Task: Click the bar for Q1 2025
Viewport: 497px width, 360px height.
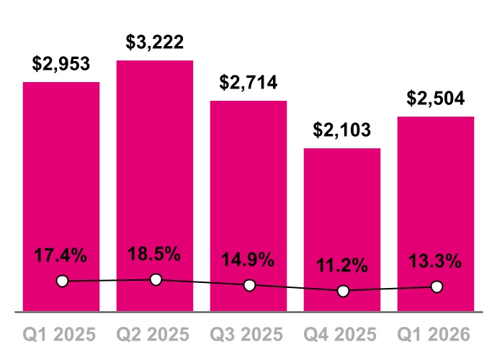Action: click(x=61, y=180)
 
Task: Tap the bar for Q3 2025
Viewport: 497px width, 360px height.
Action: click(x=248, y=187)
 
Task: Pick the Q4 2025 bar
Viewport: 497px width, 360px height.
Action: click(x=342, y=209)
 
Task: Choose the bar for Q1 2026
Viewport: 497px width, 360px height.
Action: click(x=436, y=194)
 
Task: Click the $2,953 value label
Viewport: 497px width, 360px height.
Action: click(x=61, y=64)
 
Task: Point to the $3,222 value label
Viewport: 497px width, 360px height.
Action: click(x=155, y=42)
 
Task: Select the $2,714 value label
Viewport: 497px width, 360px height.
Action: click(x=248, y=83)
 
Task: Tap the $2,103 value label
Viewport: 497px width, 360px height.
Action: click(x=342, y=130)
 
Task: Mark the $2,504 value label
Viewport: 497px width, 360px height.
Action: click(x=436, y=99)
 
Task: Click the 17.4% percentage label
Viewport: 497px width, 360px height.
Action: click(x=61, y=255)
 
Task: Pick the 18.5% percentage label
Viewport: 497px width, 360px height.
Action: click(x=155, y=254)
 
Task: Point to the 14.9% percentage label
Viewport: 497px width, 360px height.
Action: click(x=248, y=260)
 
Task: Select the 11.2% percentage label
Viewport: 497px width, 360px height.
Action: click(x=342, y=265)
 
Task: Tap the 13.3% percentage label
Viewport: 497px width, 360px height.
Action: click(x=436, y=261)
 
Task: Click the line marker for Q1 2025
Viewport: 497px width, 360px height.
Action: click(x=62, y=281)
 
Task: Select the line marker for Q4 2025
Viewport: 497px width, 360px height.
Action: click(x=343, y=291)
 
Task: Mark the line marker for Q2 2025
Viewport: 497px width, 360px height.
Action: click(x=156, y=279)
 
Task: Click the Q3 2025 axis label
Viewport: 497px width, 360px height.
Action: click(x=248, y=335)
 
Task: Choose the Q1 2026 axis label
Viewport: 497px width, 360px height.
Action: click(x=436, y=335)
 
